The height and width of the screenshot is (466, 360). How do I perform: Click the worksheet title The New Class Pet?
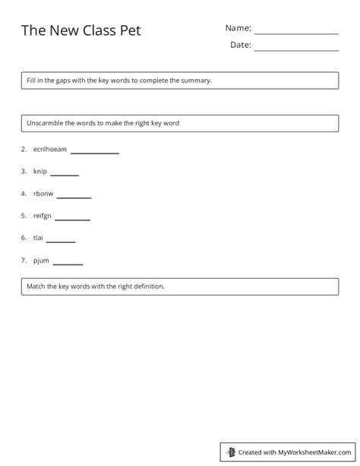click(x=81, y=30)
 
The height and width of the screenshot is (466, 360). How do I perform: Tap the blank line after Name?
click(x=296, y=33)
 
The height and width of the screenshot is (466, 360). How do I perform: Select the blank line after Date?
click(x=296, y=50)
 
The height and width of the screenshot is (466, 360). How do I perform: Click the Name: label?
click(x=238, y=28)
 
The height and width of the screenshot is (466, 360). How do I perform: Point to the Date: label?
click(x=240, y=45)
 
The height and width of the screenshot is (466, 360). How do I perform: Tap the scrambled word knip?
click(x=40, y=172)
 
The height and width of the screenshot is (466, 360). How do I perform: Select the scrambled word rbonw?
click(x=43, y=195)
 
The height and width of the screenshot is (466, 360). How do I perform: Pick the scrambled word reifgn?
click(x=43, y=217)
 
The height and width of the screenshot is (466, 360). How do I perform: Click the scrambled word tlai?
click(x=39, y=239)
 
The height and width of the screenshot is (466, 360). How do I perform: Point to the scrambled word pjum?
click(x=41, y=261)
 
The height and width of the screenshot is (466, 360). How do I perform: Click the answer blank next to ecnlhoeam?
click(x=95, y=153)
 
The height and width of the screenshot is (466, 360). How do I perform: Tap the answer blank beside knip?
click(x=65, y=175)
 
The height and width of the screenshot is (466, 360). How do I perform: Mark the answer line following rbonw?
click(x=74, y=198)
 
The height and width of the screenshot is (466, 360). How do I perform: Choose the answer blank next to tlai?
click(x=61, y=242)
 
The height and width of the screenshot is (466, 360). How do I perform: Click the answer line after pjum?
click(x=68, y=264)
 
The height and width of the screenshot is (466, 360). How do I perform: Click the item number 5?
click(x=24, y=217)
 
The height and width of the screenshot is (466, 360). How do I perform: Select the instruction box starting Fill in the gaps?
click(x=180, y=80)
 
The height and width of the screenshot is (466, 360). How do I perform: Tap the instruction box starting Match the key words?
click(x=180, y=287)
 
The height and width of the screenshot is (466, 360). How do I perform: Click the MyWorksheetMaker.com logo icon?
click(x=229, y=452)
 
